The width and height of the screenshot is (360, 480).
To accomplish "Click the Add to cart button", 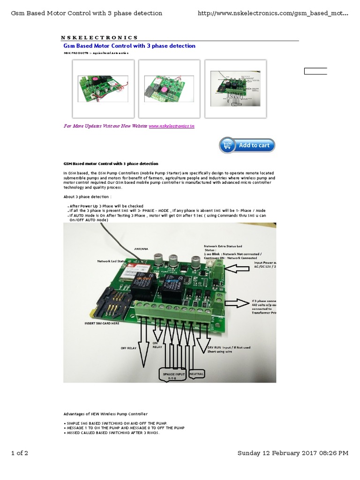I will (247, 145).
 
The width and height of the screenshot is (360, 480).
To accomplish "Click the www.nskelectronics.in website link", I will (171, 126).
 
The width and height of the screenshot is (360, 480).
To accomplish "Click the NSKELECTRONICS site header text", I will (99, 37).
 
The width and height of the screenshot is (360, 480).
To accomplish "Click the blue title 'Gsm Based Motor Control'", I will (129, 46).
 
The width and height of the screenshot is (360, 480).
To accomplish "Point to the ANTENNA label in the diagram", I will (141, 249).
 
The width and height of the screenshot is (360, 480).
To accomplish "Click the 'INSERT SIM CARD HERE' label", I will (102, 323).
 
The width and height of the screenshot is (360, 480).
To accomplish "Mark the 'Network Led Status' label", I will (112, 261).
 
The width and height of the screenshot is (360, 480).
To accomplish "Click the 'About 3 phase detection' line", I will (87, 196).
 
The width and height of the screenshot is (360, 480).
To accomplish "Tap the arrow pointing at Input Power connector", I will (240, 270).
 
